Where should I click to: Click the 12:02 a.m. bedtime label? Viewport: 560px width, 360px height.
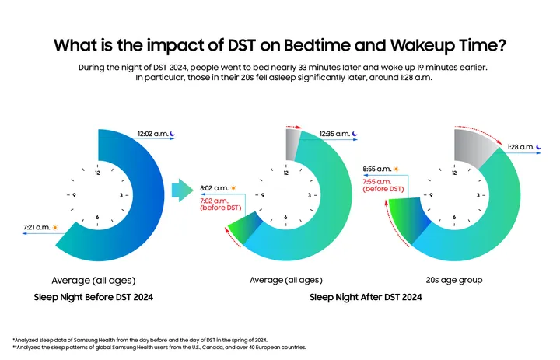(x=154, y=134)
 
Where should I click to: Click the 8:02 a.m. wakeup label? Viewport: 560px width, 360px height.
(x=213, y=187)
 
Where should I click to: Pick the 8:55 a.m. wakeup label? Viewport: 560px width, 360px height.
(x=377, y=168)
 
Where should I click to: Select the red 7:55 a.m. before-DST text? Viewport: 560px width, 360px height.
(x=383, y=185)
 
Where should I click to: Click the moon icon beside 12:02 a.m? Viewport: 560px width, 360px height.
(x=175, y=134)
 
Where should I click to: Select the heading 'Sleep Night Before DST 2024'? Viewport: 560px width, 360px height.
(x=93, y=297)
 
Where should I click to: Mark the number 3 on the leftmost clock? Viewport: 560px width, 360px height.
(x=121, y=195)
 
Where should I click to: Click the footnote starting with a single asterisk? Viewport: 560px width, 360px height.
(x=140, y=340)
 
